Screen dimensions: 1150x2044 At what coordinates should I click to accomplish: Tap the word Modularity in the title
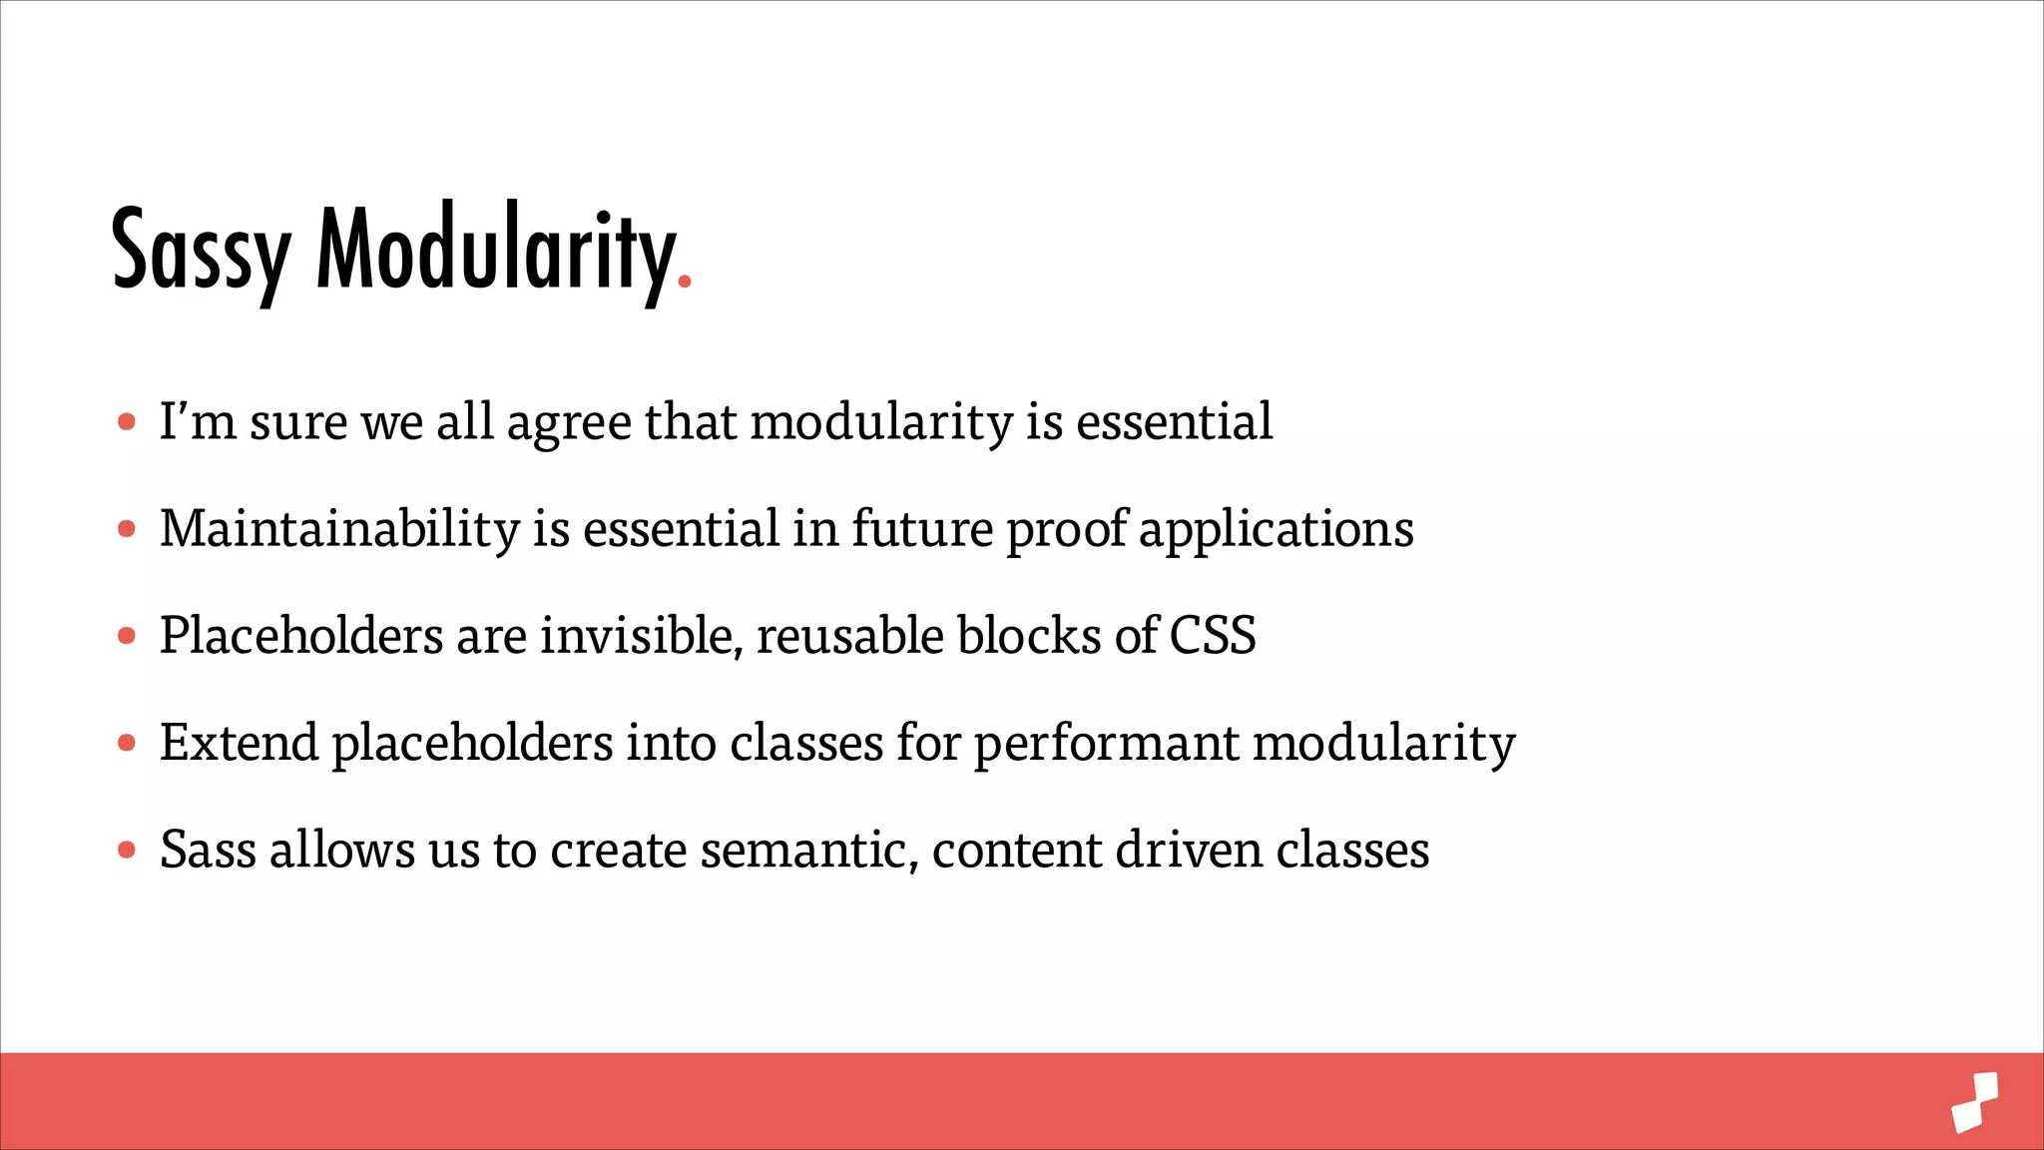pyautogui.click(x=495, y=250)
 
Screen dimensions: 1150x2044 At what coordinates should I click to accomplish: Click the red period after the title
pyautogui.click(x=685, y=283)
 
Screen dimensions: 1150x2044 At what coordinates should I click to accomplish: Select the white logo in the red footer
pyautogui.click(x=1975, y=1102)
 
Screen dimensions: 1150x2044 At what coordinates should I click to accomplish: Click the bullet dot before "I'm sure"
pyautogui.click(x=127, y=422)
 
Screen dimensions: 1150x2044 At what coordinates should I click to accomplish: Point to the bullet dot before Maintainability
pyautogui.click(x=127, y=529)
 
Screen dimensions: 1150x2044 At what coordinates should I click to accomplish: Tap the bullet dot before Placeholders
pyautogui.click(x=127, y=636)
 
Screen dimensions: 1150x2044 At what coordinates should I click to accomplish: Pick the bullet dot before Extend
pyautogui.click(x=127, y=743)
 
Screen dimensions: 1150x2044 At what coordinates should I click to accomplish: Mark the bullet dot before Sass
pyautogui.click(x=127, y=850)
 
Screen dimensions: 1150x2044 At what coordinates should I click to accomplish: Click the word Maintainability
pyautogui.click(x=339, y=529)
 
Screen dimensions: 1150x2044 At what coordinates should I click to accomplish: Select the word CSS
pyautogui.click(x=1212, y=636)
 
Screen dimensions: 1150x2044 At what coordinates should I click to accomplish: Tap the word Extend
pyautogui.click(x=239, y=743)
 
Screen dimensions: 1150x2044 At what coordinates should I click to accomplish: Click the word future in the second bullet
pyautogui.click(x=922, y=529)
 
